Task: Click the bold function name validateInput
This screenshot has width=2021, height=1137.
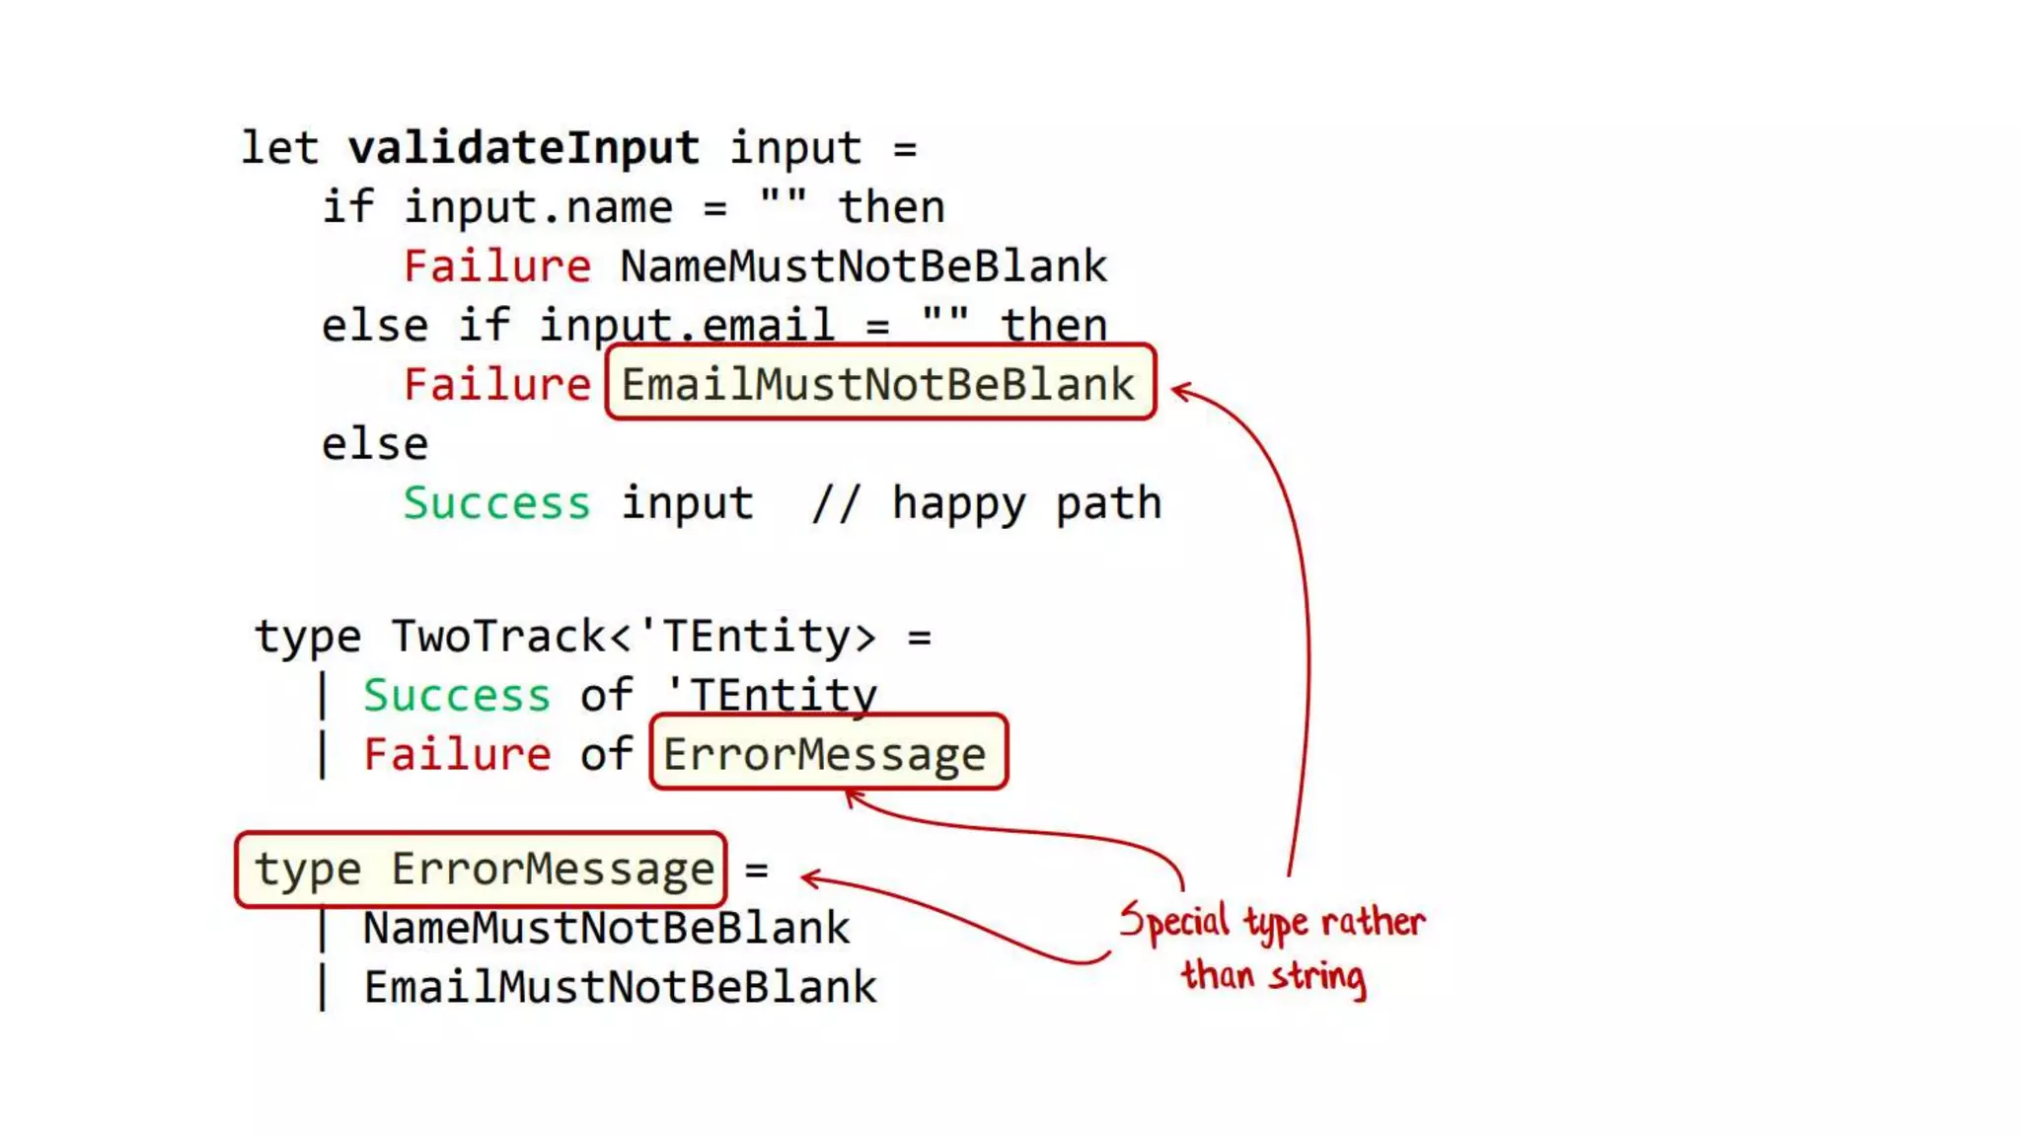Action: pyautogui.click(x=523, y=148)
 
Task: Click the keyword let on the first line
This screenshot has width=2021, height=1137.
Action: pyautogui.click(x=279, y=148)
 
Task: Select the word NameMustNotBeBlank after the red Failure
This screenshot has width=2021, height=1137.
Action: pyautogui.click(x=863, y=266)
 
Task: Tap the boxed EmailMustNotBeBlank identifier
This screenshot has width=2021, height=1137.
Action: pyautogui.click(x=878, y=384)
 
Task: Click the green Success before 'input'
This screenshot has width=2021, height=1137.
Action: pyautogui.click(x=496, y=503)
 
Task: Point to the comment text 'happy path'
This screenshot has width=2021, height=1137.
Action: pyautogui.click(x=1026, y=503)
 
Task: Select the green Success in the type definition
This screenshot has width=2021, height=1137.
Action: pyautogui.click(x=456, y=696)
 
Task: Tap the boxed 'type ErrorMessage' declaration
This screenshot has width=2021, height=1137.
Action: pyautogui.click(x=483, y=870)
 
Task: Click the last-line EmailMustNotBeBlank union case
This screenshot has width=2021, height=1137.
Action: pyautogui.click(x=620, y=988)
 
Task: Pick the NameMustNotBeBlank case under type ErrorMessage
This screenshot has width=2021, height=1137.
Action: pyautogui.click(x=606, y=929)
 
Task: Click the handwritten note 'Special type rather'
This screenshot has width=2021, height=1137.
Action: pyautogui.click(x=1273, y=922)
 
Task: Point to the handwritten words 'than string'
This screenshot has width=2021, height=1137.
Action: pyautogui.click(x=1273, y=976)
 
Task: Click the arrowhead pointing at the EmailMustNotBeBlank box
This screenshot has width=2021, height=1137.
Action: pyautogui.click(x=1178, y=391)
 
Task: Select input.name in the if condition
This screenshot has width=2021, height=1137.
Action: pyautogui.click(x=538, y=207)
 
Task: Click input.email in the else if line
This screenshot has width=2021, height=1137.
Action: pyautogui.click(x=686, y=326)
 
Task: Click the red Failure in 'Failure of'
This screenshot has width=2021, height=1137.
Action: pyautogui.click(x=456, y=755)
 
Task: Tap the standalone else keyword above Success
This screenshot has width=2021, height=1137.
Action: pyautogui.click(x=375, y=444)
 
